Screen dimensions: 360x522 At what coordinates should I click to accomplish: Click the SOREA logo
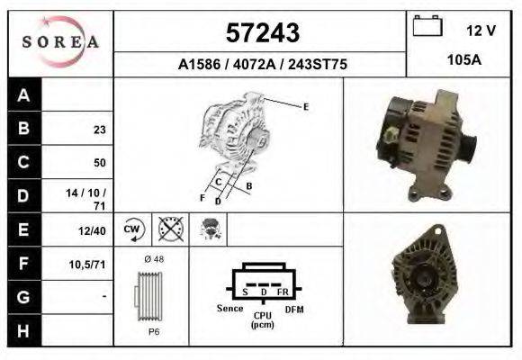(60, 42)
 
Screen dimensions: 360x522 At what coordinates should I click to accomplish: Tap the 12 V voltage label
(481, 31)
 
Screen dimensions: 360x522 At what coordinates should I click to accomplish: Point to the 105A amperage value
(464, 59)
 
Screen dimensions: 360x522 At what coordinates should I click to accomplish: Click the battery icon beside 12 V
(427, 27)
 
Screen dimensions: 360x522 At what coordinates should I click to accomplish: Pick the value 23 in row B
(99, 130)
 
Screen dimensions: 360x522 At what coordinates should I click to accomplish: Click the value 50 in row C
(99, 163)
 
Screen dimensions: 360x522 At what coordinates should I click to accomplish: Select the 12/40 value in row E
(94, 231)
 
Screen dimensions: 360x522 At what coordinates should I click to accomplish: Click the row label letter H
(23, 331)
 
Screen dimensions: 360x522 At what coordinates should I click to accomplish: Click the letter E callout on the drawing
(306, 106)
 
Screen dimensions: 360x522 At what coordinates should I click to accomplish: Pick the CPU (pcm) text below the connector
(263, 319)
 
